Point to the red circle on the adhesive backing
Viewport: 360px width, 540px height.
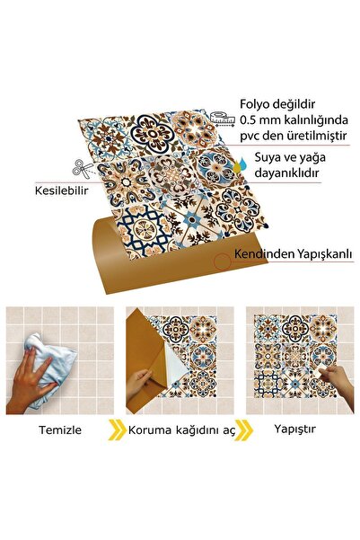click(x=222, y=261)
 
